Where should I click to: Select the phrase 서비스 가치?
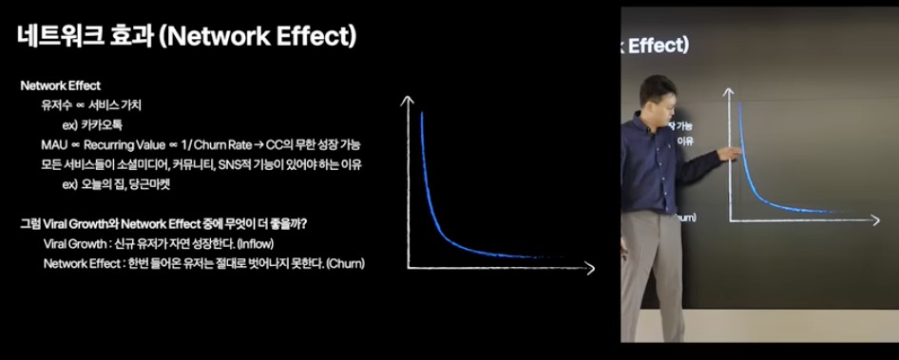pos(115,104)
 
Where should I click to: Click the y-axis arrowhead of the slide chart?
pos(409,100)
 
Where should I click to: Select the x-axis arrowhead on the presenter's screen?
pos(877,221)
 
